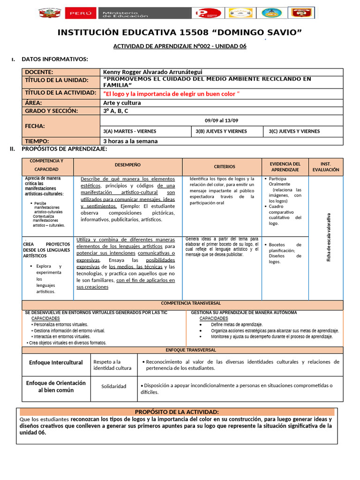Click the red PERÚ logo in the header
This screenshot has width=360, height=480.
tap(81, 13)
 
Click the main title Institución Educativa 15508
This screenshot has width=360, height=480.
tap(180, 32)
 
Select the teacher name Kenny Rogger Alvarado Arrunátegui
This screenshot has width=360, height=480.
tap(153, 72)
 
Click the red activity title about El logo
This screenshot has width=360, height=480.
tap(171, 94)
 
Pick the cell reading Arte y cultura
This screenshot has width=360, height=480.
tap(122, 103)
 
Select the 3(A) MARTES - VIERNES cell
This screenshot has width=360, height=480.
tap(130, 131)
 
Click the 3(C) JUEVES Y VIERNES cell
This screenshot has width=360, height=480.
tap(294, 131)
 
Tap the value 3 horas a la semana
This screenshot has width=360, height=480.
tap(130, 141)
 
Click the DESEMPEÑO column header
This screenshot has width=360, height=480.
tap(127, 165)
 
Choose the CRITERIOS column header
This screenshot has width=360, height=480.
tap(225, 166)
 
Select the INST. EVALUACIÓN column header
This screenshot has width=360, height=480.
tap(326, 166)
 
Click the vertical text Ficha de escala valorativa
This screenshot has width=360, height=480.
tap(328, 238)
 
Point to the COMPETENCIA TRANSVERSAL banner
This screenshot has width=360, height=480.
tap(191, 303)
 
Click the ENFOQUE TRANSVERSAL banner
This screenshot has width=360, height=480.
tap(191, 350)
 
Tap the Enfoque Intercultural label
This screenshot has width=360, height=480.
tap(56, 362)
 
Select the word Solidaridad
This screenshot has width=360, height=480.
tap(114, 386)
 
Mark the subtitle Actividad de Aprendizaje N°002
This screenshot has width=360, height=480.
tap(180, 46)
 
